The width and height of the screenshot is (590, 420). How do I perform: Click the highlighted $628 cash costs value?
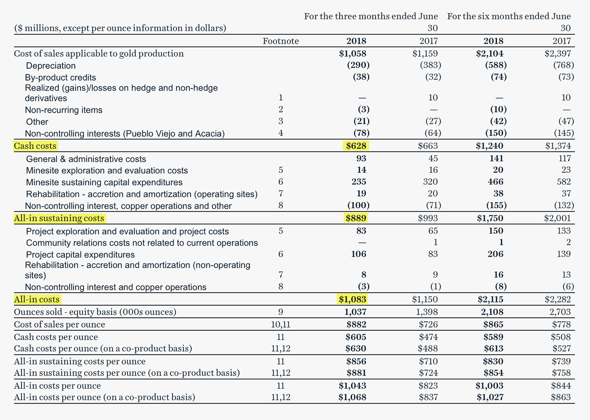[x=356, y=146]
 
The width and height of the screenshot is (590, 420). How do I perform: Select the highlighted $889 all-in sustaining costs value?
[x=356, y=218]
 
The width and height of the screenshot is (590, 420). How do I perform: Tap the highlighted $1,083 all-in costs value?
[x=352, y=299]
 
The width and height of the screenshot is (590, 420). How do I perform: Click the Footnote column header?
[x=280, y=41]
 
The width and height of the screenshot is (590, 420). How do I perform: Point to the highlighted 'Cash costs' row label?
[x=35, y=146]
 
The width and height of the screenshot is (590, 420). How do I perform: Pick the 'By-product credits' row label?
[x=60, y=77]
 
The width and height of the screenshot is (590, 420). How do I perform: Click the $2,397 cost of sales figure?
[x=558, y=53]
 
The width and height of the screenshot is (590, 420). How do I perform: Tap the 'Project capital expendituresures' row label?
[x=80, y=254]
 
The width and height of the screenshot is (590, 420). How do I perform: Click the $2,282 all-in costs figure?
[x=558, y=299]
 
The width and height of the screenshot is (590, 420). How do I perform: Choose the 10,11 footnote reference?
[x=280, y=324]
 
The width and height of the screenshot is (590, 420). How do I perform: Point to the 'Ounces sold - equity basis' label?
[x=95, y=312]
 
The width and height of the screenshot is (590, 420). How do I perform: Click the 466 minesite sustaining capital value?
[x=495, y=182]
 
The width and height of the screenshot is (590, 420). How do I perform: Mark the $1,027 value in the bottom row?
[x=490, y=397]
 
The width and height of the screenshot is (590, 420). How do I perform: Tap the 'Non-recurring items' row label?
[x=64, y=110]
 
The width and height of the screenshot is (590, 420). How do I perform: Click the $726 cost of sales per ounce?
[x=428, y=324]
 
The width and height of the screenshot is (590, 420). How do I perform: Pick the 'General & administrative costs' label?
[x=86, y=159]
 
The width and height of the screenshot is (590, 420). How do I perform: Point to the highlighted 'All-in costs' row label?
[x=37, y=299]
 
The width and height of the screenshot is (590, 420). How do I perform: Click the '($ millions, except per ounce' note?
[x=120, y=28]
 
